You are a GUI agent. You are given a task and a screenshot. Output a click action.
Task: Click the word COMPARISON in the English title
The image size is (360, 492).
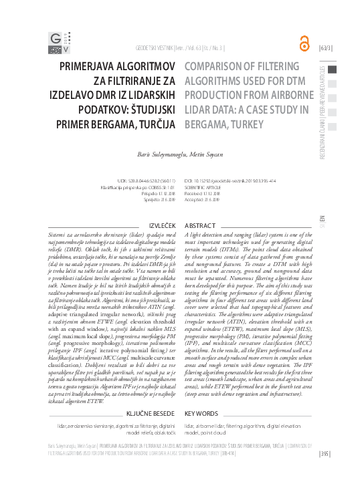[x=215, y=67]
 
